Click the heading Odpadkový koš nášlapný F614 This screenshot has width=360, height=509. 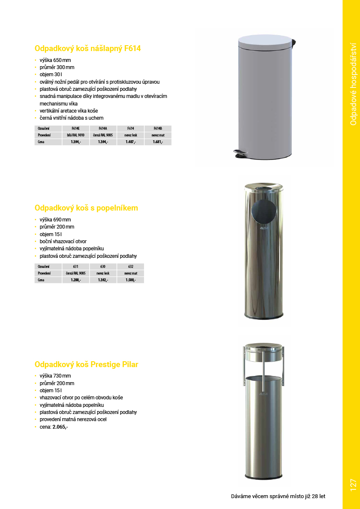pyautogui.click(x=87, y=49)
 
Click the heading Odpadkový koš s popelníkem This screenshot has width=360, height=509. pyautogui.click(x=86, y=208)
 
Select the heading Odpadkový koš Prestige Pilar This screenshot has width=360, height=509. pyautogui.click(x=86, y=365)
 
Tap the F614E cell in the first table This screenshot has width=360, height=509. pyautogui.click(x=75, y=129)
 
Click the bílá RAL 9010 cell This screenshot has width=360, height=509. pyautogui.click(x=75, y=135)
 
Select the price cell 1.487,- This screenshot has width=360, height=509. pyautogui.click(x=130, y=142)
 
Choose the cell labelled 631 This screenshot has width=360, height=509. pyautogui.click(x=75, y=266)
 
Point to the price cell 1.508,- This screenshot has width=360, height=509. pyautogui.click(x=130, y=280)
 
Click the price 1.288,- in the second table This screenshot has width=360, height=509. pyautogui.click(x=75, y=280)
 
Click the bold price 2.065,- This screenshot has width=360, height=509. pyautogui.click(x=60, y=427)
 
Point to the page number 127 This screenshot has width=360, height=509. pyautogui.click(x=353, y=485)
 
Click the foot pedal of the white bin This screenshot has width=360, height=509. pyautogui.click(x=241, y=154)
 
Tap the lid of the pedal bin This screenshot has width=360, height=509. pyautogui.click(x=265, y=41)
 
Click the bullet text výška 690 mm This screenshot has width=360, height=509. pyautogui.click(x=55, y=220)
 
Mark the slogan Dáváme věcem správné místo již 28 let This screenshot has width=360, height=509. pyautogui.click(x=278, y=496)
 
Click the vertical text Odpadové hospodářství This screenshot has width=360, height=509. pyautogui.click(x=353, y=84)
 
